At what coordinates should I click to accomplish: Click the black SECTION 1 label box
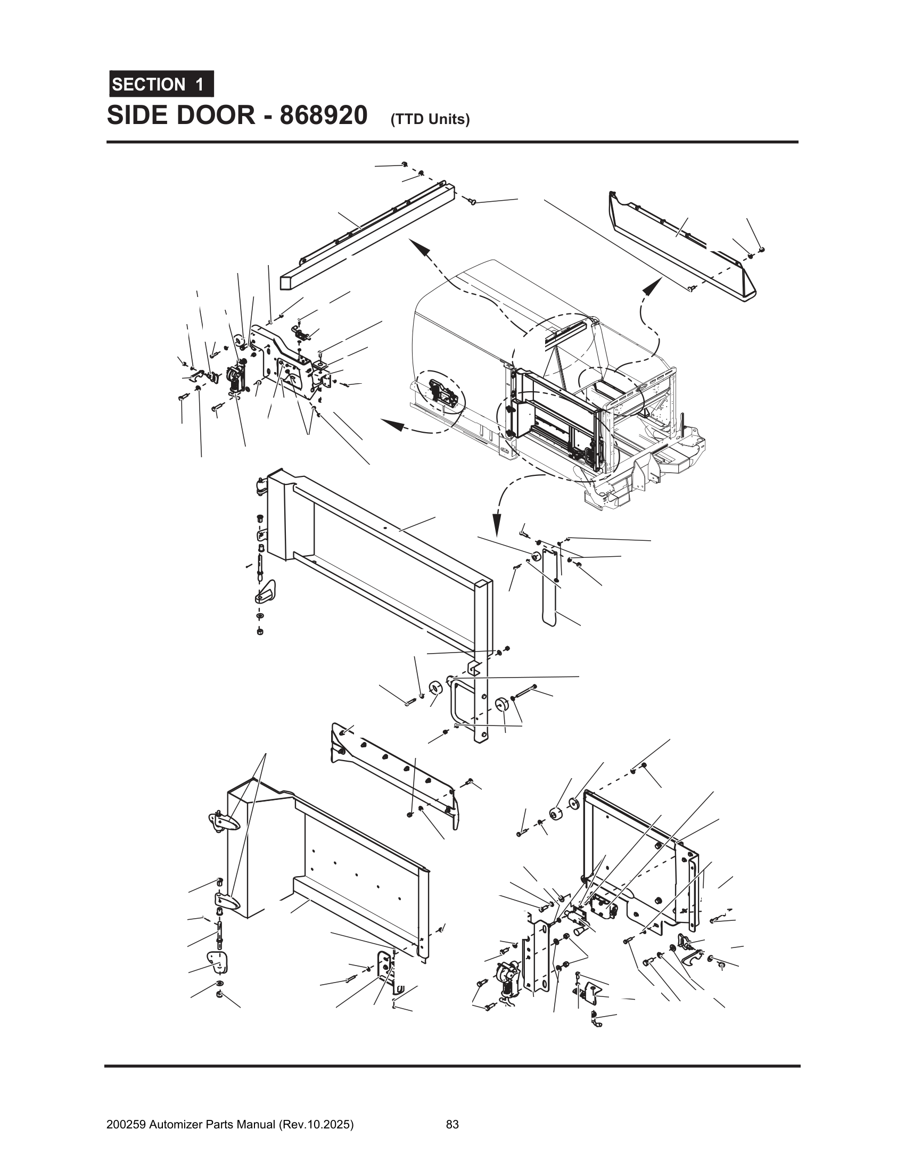point(161,84)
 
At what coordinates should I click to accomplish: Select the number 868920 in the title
point(323,116)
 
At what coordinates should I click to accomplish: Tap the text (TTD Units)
point(430,120)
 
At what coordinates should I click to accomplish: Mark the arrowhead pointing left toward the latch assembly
point(392,425)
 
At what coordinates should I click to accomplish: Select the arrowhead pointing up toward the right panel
point(650,287)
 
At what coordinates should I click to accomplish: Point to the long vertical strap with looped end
point(549,590)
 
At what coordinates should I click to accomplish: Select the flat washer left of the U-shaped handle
point(435,687)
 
